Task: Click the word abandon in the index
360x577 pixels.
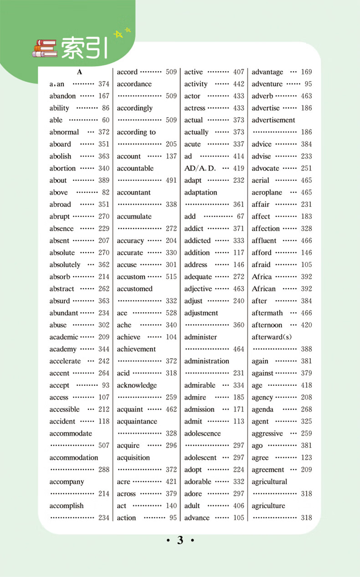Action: pyautogui.click(x=62, y=96)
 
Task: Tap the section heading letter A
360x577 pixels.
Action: pyautogui.click(x=79, y=72)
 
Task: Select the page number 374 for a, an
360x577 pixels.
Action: pyautogui.click(x=104, y=84)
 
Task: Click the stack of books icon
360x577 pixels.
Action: pyautogui.click(x=45, y=49)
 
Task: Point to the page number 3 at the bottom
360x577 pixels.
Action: pyautogui.click(x=180, y=541)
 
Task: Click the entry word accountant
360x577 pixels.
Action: pyautogui.click(x=134, y=193)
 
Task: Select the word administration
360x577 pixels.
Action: pyautogui.click(x=206, y=361)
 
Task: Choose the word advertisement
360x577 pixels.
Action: pyautogui.click(x=273, y=120)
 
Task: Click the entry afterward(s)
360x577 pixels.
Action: pyautogui.click(x=272, y=337)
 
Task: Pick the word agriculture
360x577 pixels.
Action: pyautogui.click(x=268, y=506)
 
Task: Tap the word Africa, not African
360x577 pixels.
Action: pyautogui.click(x=262, y=277)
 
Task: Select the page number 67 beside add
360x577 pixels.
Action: pyautogui.click(x=241, y=217)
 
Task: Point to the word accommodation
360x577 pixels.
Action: pyautogui.click(x=74, y=458)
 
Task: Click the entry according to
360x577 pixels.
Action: pyautogui.click(x=136, y=133)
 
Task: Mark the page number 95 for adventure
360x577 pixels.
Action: pyautogui.click(x=308, y=84)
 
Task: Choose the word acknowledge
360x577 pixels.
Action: pyautogui.click(x=137, y=386)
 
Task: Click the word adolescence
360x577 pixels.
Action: pyautogui.click(x=202, y=434)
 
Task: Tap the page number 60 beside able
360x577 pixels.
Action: pyautogui.click(x=106, y=120)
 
